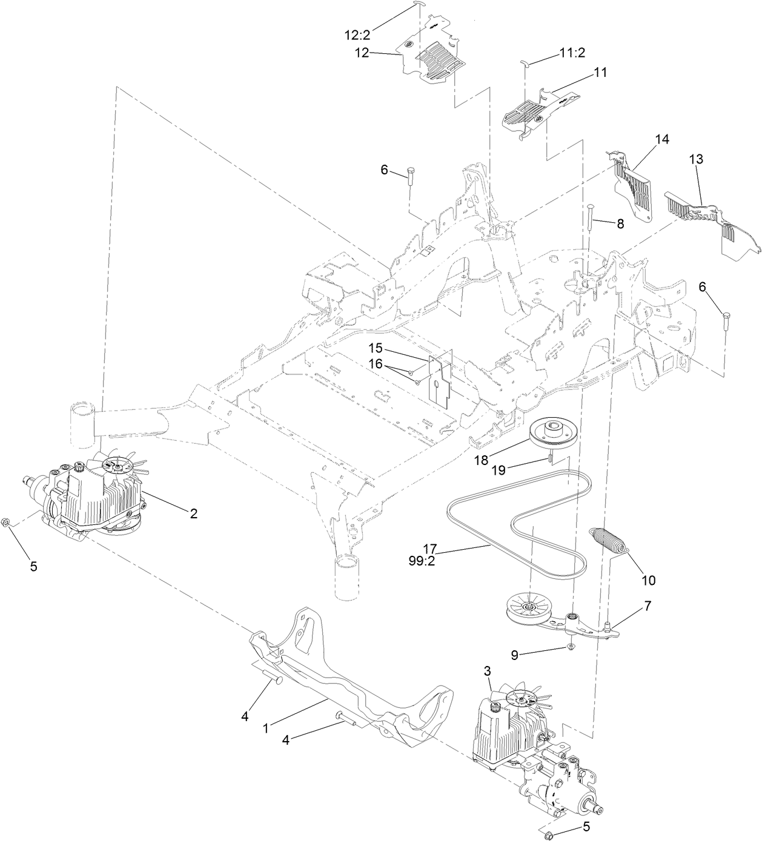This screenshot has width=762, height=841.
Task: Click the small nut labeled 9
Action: (x=571, y=647)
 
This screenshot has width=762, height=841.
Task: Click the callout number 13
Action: (x=697, y=159)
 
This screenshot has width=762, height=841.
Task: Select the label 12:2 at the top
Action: (x=358, y=35)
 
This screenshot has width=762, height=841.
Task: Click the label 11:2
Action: (x=572, y=53)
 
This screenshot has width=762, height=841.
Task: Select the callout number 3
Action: (x=488, y=670)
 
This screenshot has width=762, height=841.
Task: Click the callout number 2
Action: (x=193, y=513)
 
